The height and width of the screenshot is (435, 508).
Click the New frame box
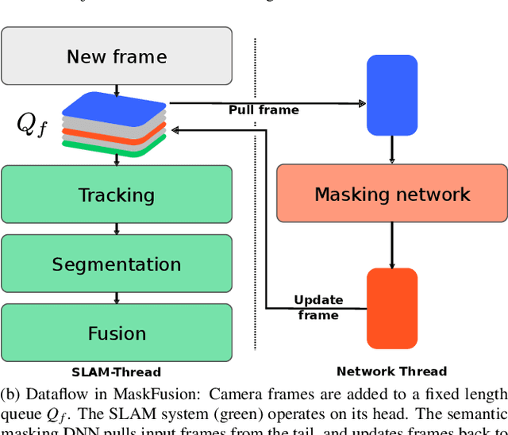[x=117, y=56]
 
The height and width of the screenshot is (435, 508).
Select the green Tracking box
[x=117, y=194]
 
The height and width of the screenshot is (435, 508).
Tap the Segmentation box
[x=117, y=264]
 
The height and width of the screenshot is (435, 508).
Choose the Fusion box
[x=117, y=333]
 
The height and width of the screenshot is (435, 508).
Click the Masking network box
[x=391, y=194]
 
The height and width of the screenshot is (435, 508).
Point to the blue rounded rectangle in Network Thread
[x=391, y=94]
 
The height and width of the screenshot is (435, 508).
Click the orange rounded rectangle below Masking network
[x=391, y=308]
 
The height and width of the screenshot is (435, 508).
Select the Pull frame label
[x=264, y=110]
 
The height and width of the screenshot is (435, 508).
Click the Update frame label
[x=318, y=307]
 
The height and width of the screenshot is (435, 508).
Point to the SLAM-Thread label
[x=116, y=371]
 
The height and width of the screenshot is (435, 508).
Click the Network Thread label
[x=391, y=371]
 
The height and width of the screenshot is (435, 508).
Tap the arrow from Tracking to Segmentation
[x=117, y=229]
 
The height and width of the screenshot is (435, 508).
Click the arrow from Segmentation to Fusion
[x=117, y=298]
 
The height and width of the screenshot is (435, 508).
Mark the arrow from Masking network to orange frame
[x=391, y=244]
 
